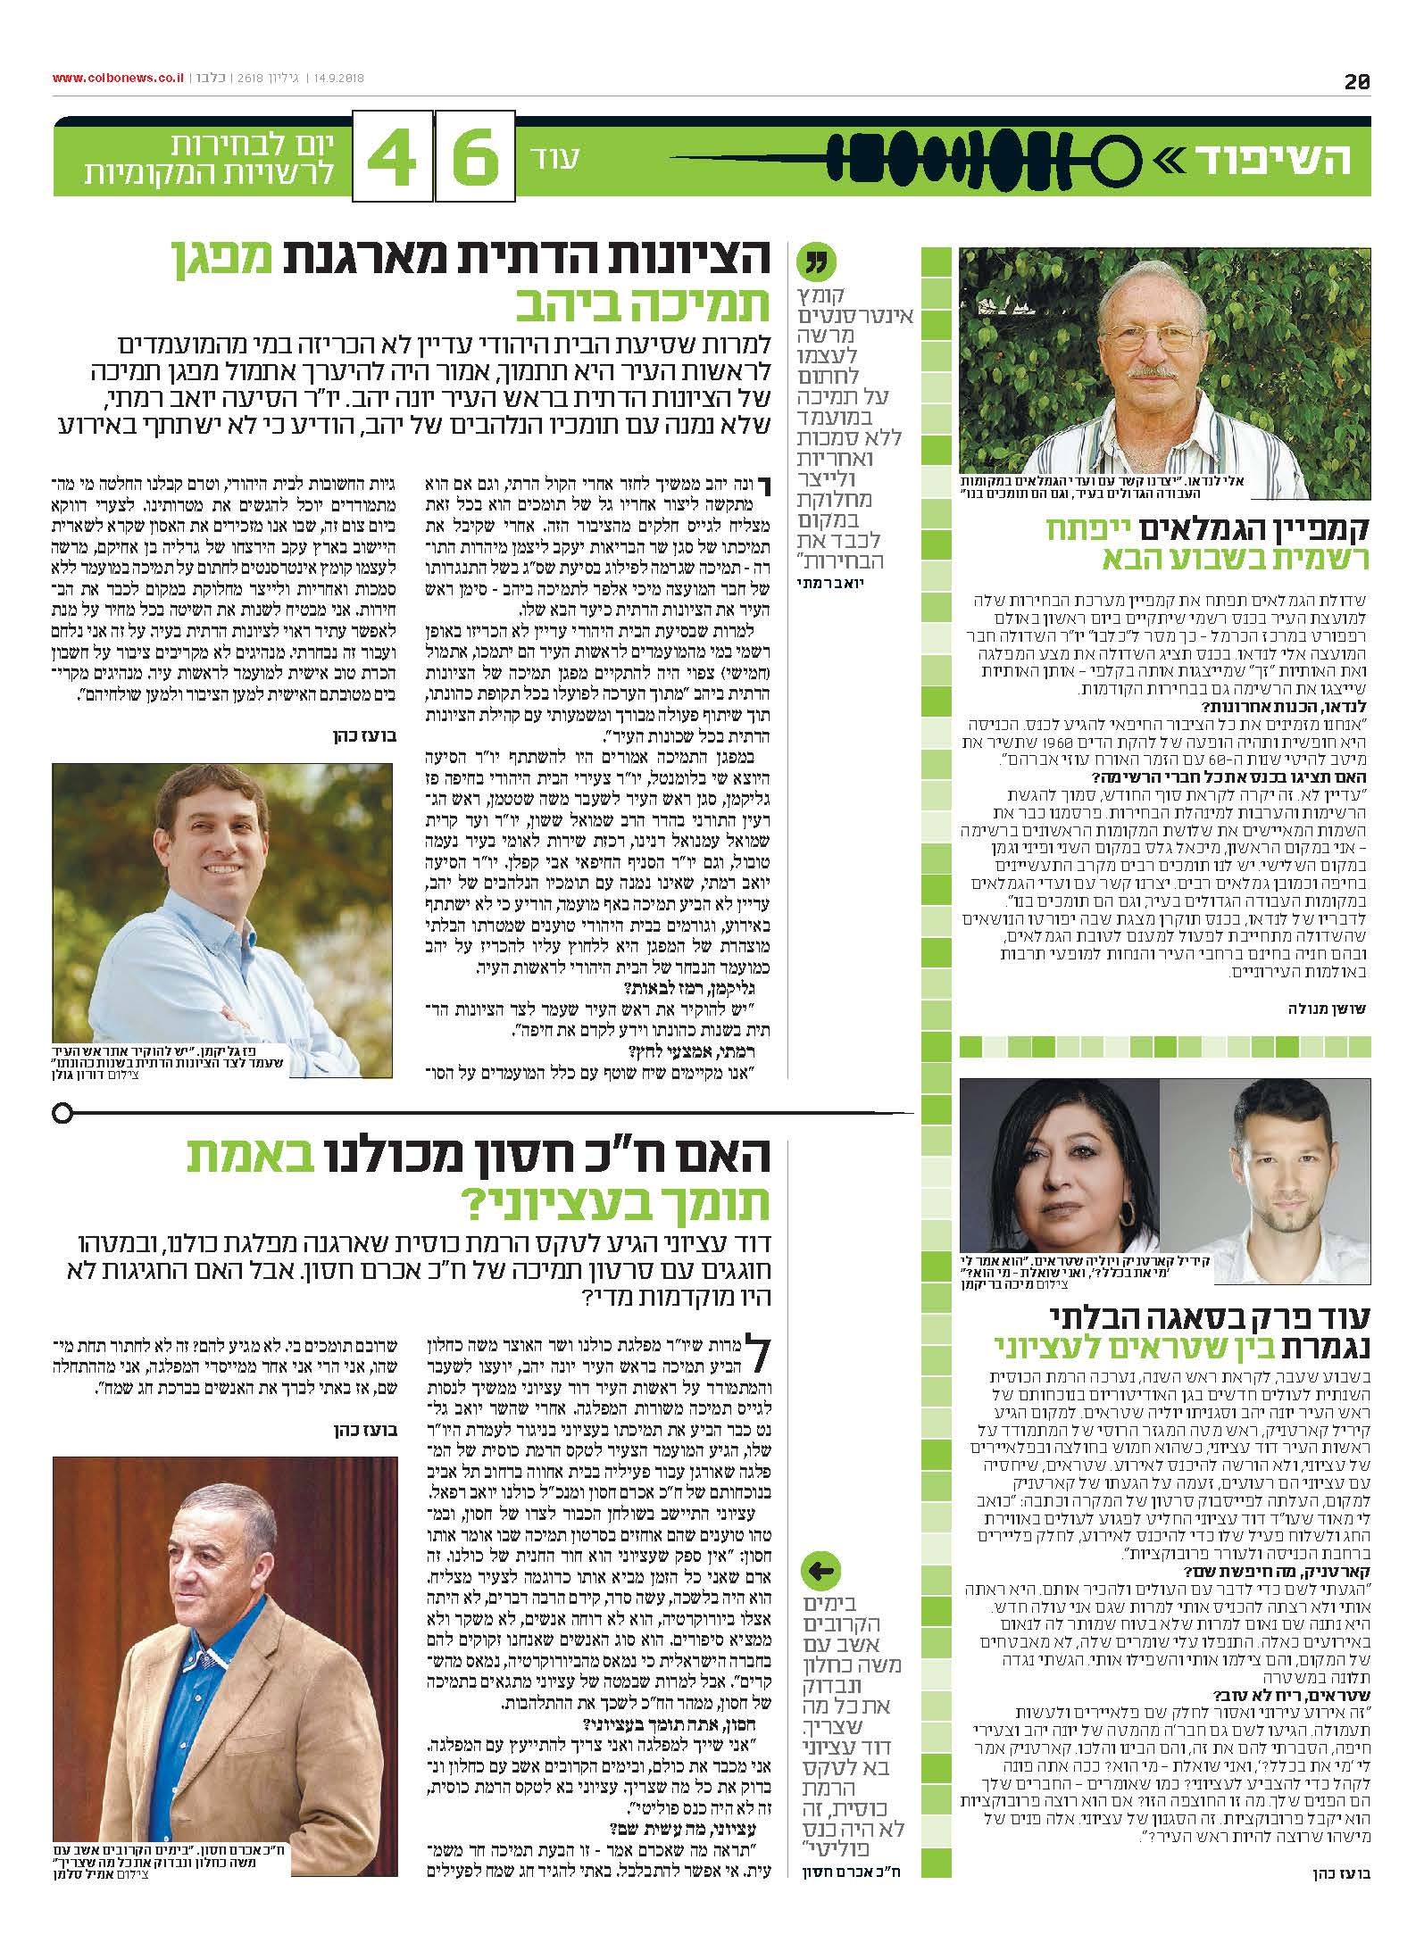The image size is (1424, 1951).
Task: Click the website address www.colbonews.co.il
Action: [118, 78]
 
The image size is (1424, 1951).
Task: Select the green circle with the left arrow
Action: [823, 1570]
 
